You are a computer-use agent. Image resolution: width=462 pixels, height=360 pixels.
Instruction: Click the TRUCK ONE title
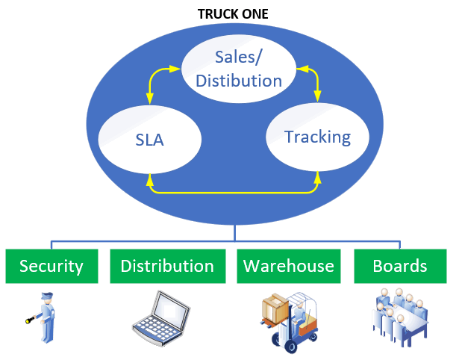pos(233,13)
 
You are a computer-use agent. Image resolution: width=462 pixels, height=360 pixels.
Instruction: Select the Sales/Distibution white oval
pos(237,68)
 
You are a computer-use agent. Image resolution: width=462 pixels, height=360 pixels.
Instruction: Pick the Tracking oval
pos(317,137)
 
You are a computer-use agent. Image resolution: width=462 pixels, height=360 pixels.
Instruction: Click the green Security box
pos(51,266)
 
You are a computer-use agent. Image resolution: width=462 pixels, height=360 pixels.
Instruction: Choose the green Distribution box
pos(167,266)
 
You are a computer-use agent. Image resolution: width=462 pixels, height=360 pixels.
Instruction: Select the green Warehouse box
pos(288,266)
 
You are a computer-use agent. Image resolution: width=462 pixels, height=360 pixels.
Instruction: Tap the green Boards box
pos(400,266)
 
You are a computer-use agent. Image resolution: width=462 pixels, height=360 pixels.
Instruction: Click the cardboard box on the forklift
pos(275,306)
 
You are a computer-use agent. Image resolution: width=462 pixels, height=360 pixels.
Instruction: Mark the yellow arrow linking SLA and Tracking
pos(234,191)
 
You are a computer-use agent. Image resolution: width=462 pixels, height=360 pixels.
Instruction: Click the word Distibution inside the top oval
pos(239,80)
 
